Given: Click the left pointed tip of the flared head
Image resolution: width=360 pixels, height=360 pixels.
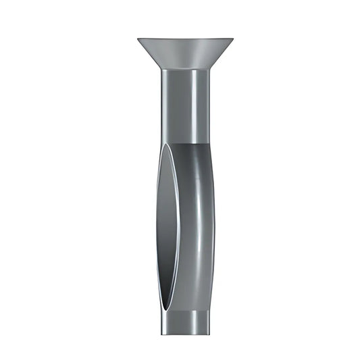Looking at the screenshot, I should click(x=138, y=39).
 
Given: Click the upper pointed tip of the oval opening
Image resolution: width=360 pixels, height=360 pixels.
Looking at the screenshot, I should click(x=168, y=145).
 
